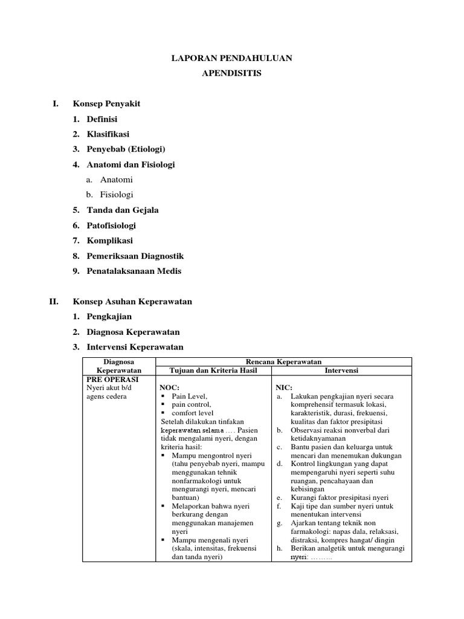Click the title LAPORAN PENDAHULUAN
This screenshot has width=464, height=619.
click(x=232, y=58)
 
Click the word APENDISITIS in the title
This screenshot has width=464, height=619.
click(x=232, y=74)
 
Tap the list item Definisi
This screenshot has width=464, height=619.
click(x=102, y=119)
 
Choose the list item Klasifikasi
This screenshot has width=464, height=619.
click(x=108, y=134)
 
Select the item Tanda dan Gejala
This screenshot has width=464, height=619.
click(x=123, y=210)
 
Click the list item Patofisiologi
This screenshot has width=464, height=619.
click(x=111, y=225)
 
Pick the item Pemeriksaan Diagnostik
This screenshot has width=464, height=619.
click(x=135, y=256)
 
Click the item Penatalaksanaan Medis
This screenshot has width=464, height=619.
click(x=134, y=271)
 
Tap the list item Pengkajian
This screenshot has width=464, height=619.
click(x=109, y=316)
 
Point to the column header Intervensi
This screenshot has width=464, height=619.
click(x=342, y=370)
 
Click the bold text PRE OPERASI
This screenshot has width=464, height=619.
click(x=109, y=378)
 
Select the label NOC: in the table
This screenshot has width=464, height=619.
click(x=169, y=387)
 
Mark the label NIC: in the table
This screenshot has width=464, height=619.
click(x=284, y=387)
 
